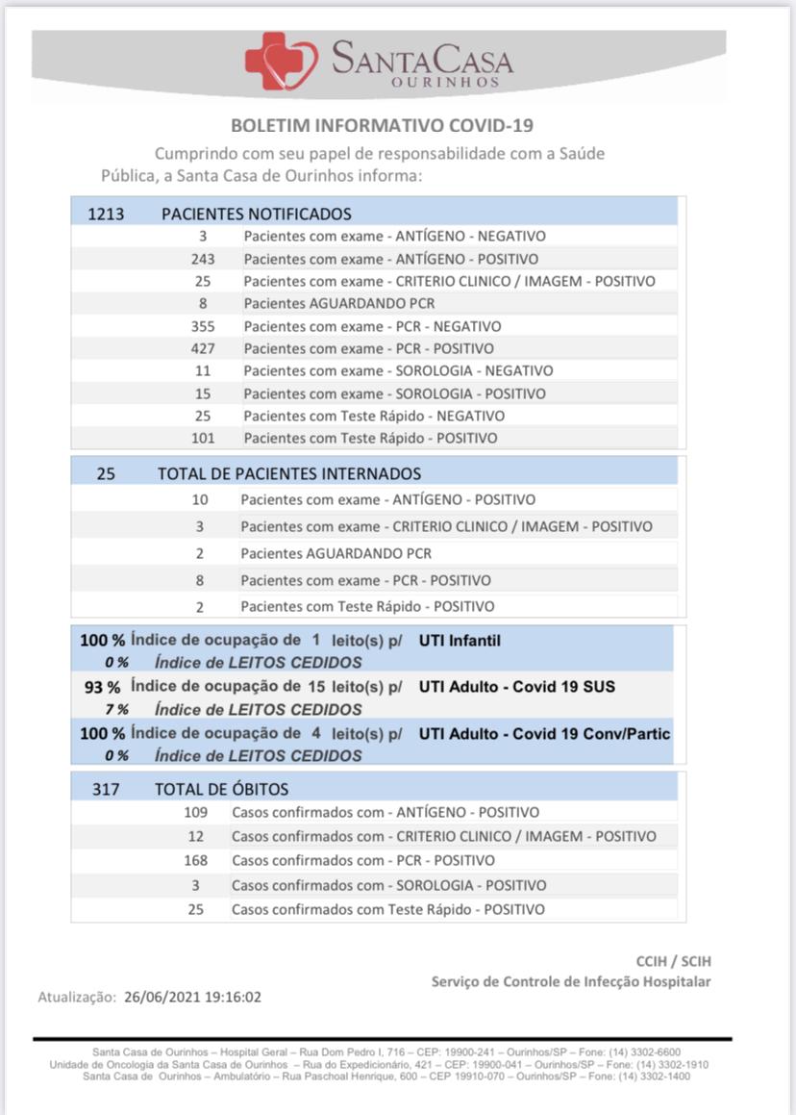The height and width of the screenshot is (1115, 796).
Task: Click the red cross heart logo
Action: tap(280, 61)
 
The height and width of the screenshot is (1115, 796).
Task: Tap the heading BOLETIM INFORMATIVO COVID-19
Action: tap(383, 126)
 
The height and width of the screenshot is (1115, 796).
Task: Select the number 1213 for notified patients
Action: tap(107, 214)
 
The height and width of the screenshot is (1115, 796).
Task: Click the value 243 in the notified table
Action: tap(203, 259)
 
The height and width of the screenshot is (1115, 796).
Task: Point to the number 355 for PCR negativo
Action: tap(203, 326)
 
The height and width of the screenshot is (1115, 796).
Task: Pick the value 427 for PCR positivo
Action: tap(203, 348)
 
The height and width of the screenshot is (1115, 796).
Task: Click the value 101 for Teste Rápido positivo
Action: tap(203, 438)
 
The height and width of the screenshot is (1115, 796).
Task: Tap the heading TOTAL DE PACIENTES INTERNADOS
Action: tap(289, 473)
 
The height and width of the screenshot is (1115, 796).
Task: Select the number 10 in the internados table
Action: tap(200, 499)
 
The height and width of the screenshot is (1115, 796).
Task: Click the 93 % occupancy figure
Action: tap(102, 687)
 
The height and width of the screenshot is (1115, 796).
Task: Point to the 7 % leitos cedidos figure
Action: tap(117, 710)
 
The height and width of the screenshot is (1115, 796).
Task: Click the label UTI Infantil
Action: tap(460, 641)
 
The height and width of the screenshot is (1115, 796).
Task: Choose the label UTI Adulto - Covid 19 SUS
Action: tap(517, 687)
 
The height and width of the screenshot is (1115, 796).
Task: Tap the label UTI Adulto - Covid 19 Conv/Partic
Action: tap(544, 733)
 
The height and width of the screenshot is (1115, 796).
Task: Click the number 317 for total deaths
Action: tap(106, 790)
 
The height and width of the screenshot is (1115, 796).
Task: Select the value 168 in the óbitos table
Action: tap(196, 860)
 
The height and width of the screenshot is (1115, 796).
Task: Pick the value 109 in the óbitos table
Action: tap(196, 812)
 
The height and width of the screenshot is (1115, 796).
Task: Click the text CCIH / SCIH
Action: tap(674, 961)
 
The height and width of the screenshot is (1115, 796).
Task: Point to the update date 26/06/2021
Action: tap(159, 997)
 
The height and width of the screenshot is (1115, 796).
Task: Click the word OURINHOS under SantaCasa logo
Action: tap(447, 84)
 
